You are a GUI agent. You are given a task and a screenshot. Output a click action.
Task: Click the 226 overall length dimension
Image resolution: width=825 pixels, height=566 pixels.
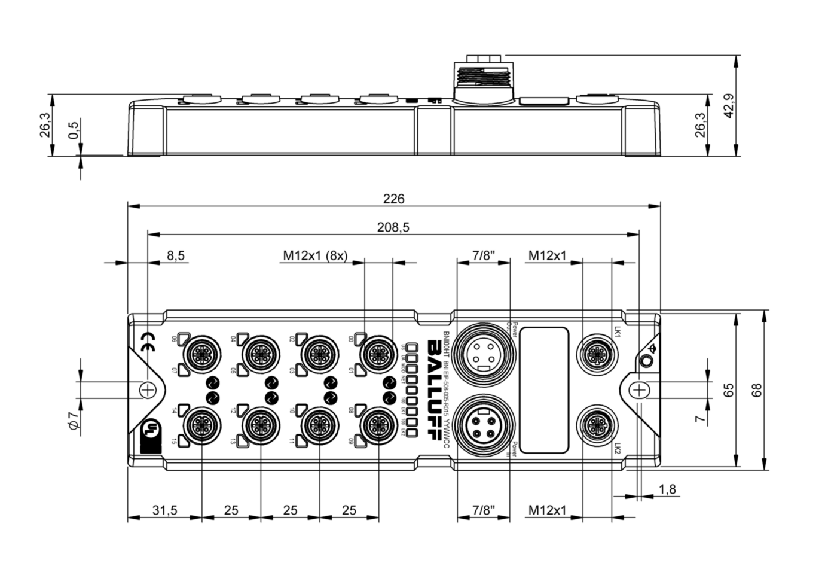(x=394, y=199)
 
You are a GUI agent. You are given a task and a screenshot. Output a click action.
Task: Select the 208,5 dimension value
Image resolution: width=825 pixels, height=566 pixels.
(x=393, y=227)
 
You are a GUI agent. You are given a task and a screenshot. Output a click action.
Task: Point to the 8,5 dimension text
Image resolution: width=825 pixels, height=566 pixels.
(x=175, y=255)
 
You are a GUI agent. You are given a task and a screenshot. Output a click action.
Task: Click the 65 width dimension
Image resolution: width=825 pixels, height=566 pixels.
(x=728, y=391)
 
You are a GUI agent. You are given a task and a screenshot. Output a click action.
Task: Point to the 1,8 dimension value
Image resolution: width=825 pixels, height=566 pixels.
(x=667, y=489)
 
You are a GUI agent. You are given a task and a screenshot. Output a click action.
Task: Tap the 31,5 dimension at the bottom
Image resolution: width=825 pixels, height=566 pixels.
(x=164, y=510)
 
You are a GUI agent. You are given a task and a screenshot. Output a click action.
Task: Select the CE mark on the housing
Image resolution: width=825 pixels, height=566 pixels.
(x=147, y=343)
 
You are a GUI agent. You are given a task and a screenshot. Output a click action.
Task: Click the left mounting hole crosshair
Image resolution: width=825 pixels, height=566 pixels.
(x=147, y=390)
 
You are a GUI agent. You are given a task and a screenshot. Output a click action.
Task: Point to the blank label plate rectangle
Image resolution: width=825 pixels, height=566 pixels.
(x=543, y=391)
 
